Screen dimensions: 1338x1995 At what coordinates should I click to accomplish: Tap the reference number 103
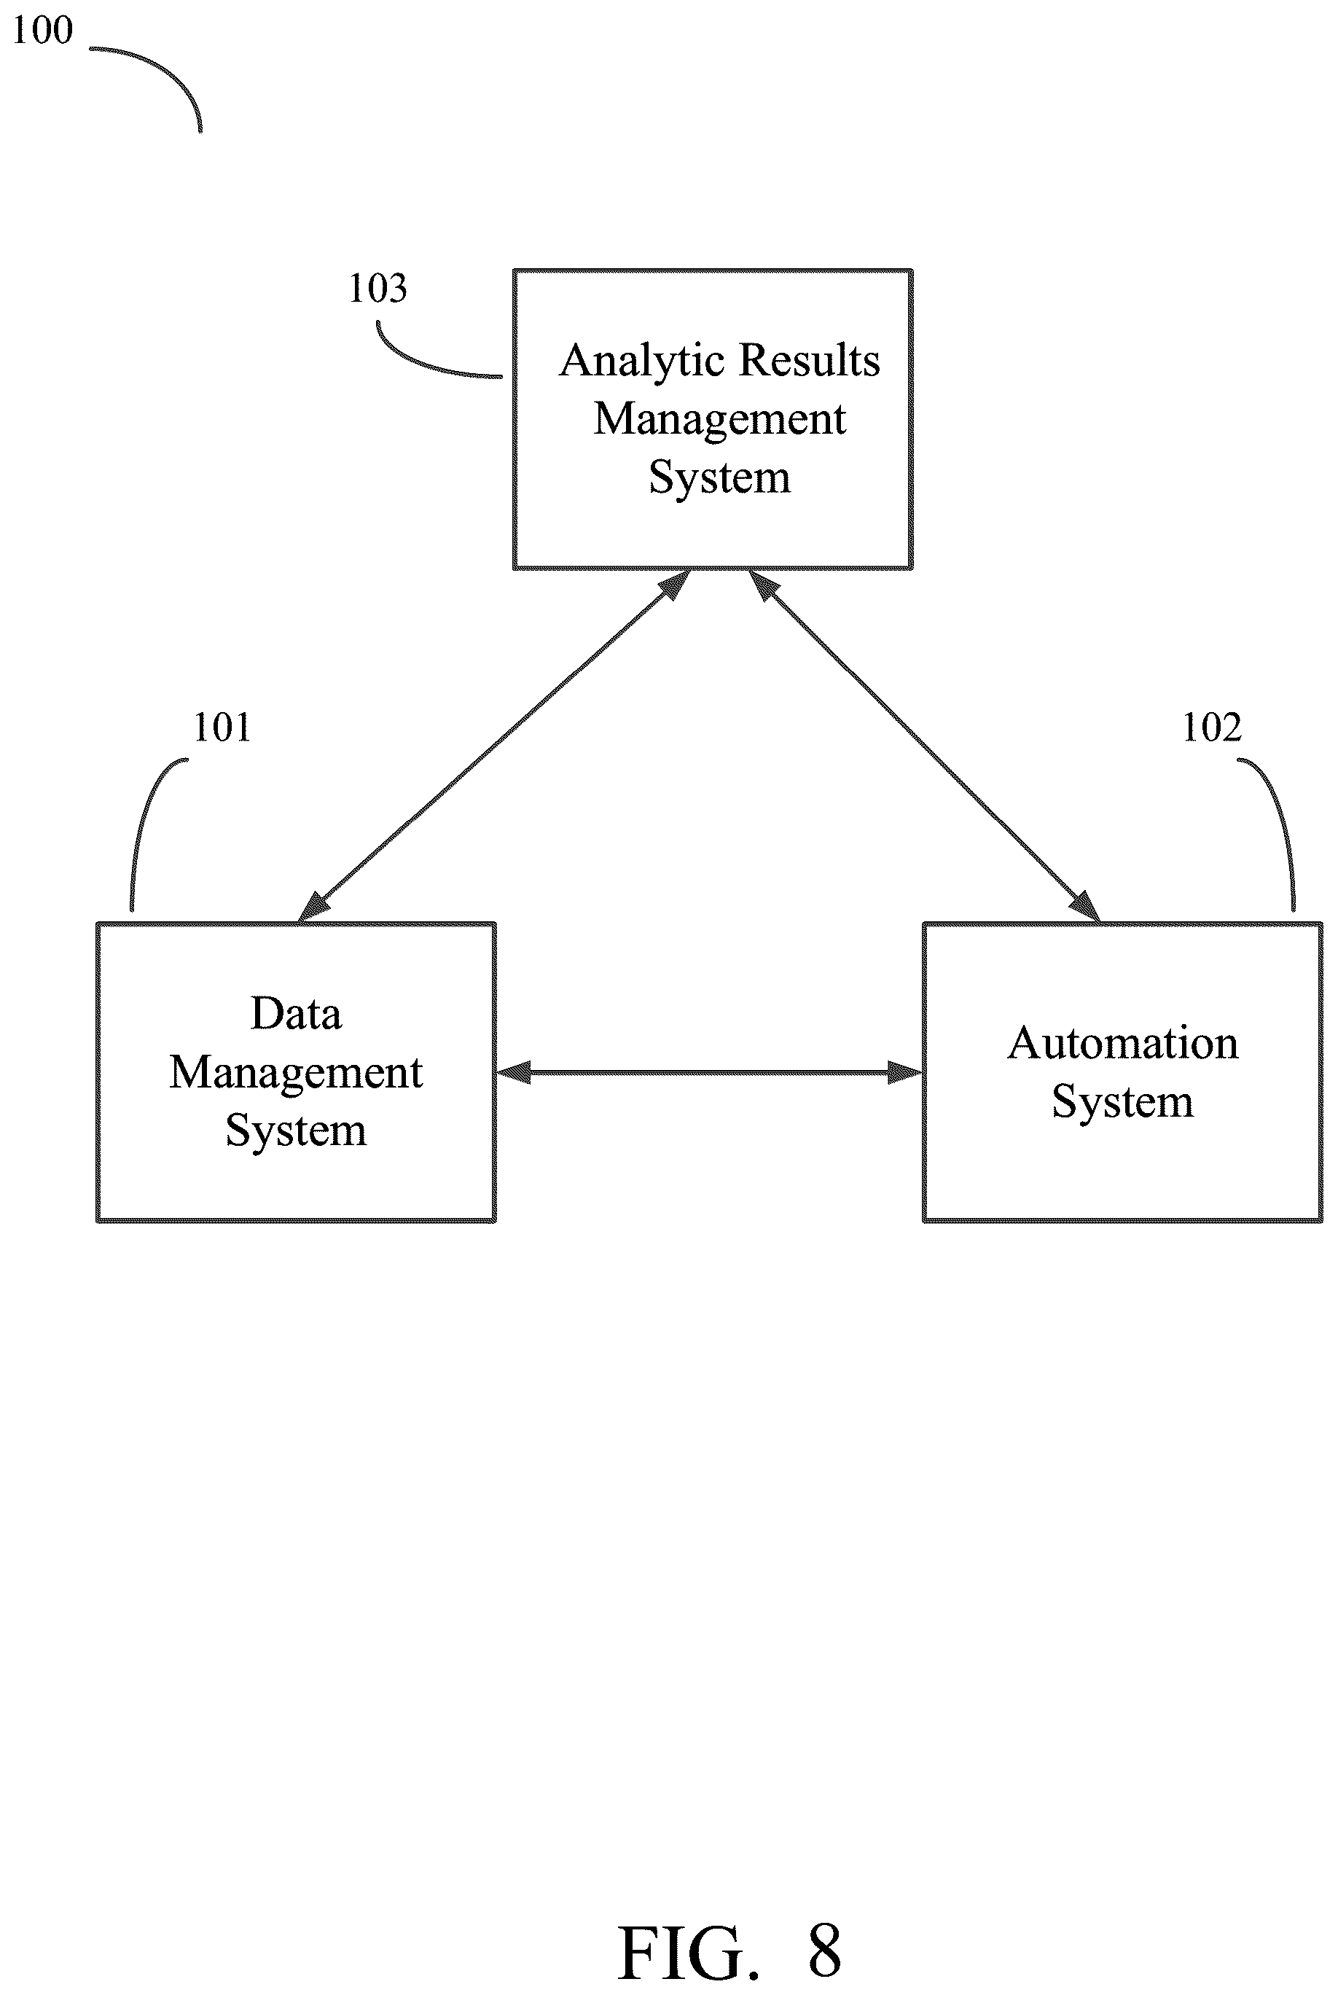(377, 289)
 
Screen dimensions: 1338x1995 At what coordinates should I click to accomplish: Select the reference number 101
(222, 728)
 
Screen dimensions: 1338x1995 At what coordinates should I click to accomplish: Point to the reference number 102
(1212, 728)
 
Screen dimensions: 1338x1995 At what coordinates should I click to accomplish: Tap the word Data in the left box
(296, 1014)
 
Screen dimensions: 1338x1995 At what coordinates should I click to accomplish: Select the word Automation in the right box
(1123, 1043)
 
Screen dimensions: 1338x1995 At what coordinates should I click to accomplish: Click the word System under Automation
(1122, 1102)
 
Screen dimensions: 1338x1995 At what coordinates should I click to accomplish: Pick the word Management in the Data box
(296, 1074)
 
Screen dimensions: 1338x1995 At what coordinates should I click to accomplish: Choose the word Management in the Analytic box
(720, 420)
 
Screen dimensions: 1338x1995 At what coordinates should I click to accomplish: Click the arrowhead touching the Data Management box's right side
(513, 1073)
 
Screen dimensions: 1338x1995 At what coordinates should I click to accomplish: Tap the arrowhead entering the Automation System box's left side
(905, 1073)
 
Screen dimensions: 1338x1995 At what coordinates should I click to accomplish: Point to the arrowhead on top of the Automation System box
(1085, 908)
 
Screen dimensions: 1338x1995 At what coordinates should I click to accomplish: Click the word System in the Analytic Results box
(719, 478)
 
